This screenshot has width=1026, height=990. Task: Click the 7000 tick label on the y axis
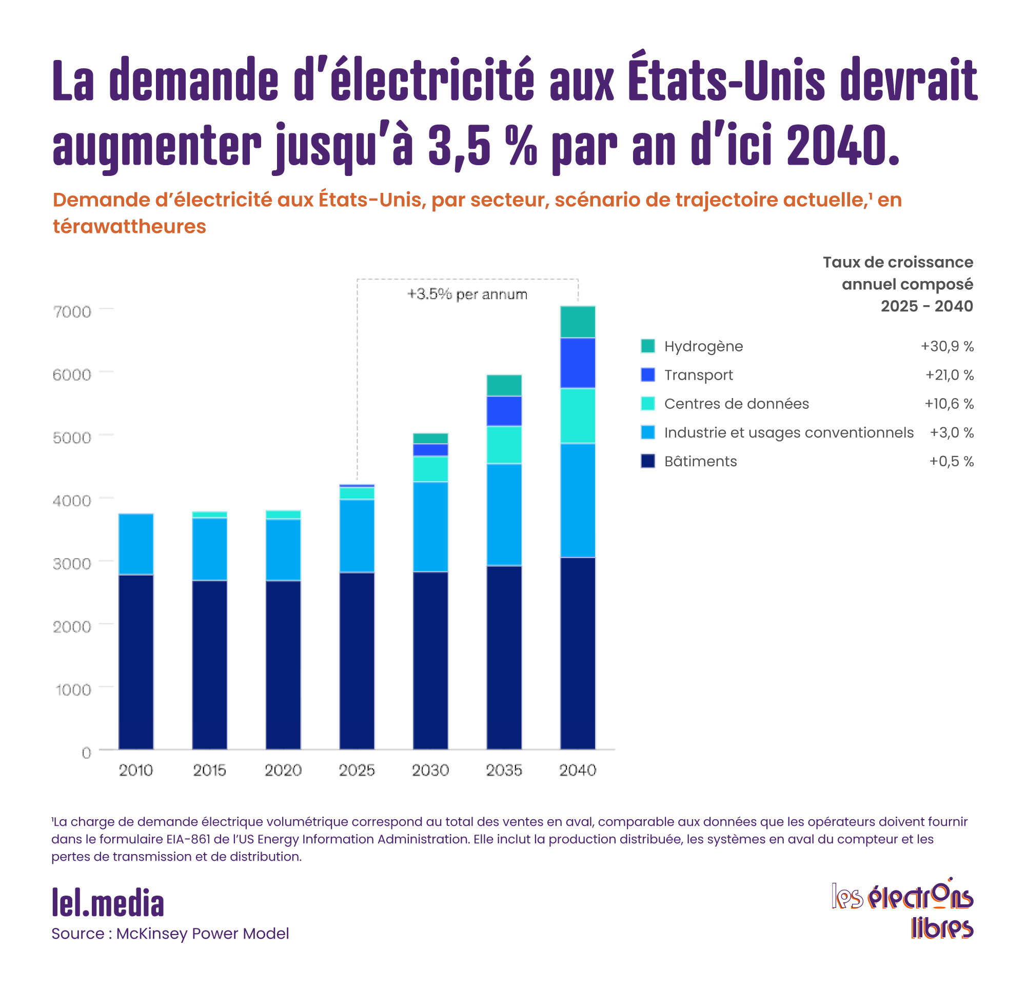pyautogui.click(x=72, y=312)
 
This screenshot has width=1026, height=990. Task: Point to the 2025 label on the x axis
pyautogui.click(x=357, y=770)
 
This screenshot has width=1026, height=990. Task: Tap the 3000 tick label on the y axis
pyautogui.click(x=72, y=564)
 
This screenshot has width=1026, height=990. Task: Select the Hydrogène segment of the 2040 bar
pyautogui.click(x=578, y=322)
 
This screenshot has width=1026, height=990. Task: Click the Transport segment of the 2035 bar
pyautogui.click(x=504, y=411)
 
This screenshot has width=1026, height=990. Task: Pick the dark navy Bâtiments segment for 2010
pyautogui.click(x=136, y=662)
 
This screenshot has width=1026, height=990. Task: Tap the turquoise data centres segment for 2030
pyautogui.click(x=430, y=469)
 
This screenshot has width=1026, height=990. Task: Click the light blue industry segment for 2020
pyautogui.click(x=283, y=550)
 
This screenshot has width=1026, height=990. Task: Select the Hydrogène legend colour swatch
pyautogui.click(x=647, y=346)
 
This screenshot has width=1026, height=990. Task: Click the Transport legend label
pyautogui.click(x=698, y=375)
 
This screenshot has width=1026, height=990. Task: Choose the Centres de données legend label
pyautogui.click(x=736, y=404)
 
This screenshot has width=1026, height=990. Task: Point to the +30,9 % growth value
pyautogui.click(x=947, y=346)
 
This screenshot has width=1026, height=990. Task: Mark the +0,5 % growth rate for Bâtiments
pyautogui.click(x=951, y=461)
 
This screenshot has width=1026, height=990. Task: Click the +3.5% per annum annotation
pyautogui.click(x=467, y=294)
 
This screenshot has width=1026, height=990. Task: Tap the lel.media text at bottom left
pyautogui.click(x=108, y=904)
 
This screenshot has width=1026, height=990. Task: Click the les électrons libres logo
pyautogui.click(x=902, y=908)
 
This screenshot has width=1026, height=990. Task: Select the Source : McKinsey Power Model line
pyautogui.click(x=170, y=934)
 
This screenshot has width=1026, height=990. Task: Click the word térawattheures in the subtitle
pyautogui.click(x=129, y=227)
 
